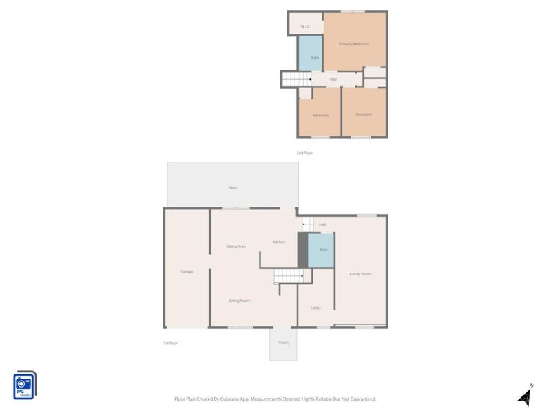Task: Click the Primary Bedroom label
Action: click(x=354, y=44)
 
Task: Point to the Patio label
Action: click(x=233, y=187)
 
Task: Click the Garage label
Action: click(x=187, y=271)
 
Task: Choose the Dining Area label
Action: click(x=236, y=246)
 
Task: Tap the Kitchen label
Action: click(x=279, y=242)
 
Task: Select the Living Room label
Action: click(x=240, y=301)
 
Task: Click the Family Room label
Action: click(x=360, y=274)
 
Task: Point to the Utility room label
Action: click(x=316, y=308)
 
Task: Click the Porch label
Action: click(x=283, y=343)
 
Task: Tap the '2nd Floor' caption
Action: click(x=304, y=153)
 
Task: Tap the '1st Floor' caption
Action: click(x=170, y=343)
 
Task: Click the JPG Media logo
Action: click(x=25, y=385)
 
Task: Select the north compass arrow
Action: click(x=526, y=395)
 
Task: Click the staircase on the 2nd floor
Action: click(x=297, y=80)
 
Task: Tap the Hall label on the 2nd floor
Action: click(x=333, y=79)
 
